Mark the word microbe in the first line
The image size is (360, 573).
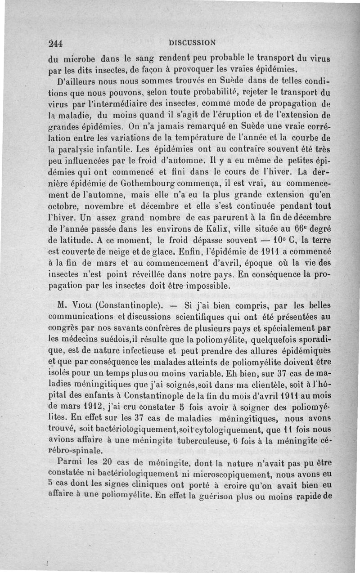76,58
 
